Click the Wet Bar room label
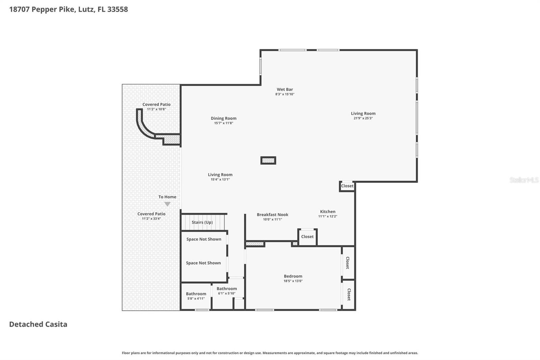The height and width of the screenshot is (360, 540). [285, 89]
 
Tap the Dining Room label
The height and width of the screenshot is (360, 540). [223, 118]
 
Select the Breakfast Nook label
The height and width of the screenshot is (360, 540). [272, 214]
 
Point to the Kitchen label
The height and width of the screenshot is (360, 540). [328, 211]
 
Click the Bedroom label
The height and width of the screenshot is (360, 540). [293, 276]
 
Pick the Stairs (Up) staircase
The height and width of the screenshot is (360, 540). [203, 222]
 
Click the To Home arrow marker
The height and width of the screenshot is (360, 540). [167, 204]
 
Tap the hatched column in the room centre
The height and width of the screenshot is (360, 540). [268, 160]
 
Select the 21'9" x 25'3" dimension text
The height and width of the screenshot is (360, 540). [363, 118]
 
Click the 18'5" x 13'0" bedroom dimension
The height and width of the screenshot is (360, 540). [293, 281]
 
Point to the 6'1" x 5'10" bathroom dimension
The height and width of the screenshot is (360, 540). [226, 293]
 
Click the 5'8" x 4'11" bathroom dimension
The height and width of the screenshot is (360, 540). [196, 299]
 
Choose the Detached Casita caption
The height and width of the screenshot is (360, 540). [38, 324]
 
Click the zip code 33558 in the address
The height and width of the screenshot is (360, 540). [118, 9]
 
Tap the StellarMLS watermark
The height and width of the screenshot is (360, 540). [524, 180]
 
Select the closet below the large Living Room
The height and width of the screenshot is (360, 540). [347, 186]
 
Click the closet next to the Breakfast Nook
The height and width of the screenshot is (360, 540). [307, 237]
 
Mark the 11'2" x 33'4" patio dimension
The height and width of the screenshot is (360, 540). [152, 218]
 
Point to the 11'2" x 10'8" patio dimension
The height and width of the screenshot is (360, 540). [157, 109]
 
